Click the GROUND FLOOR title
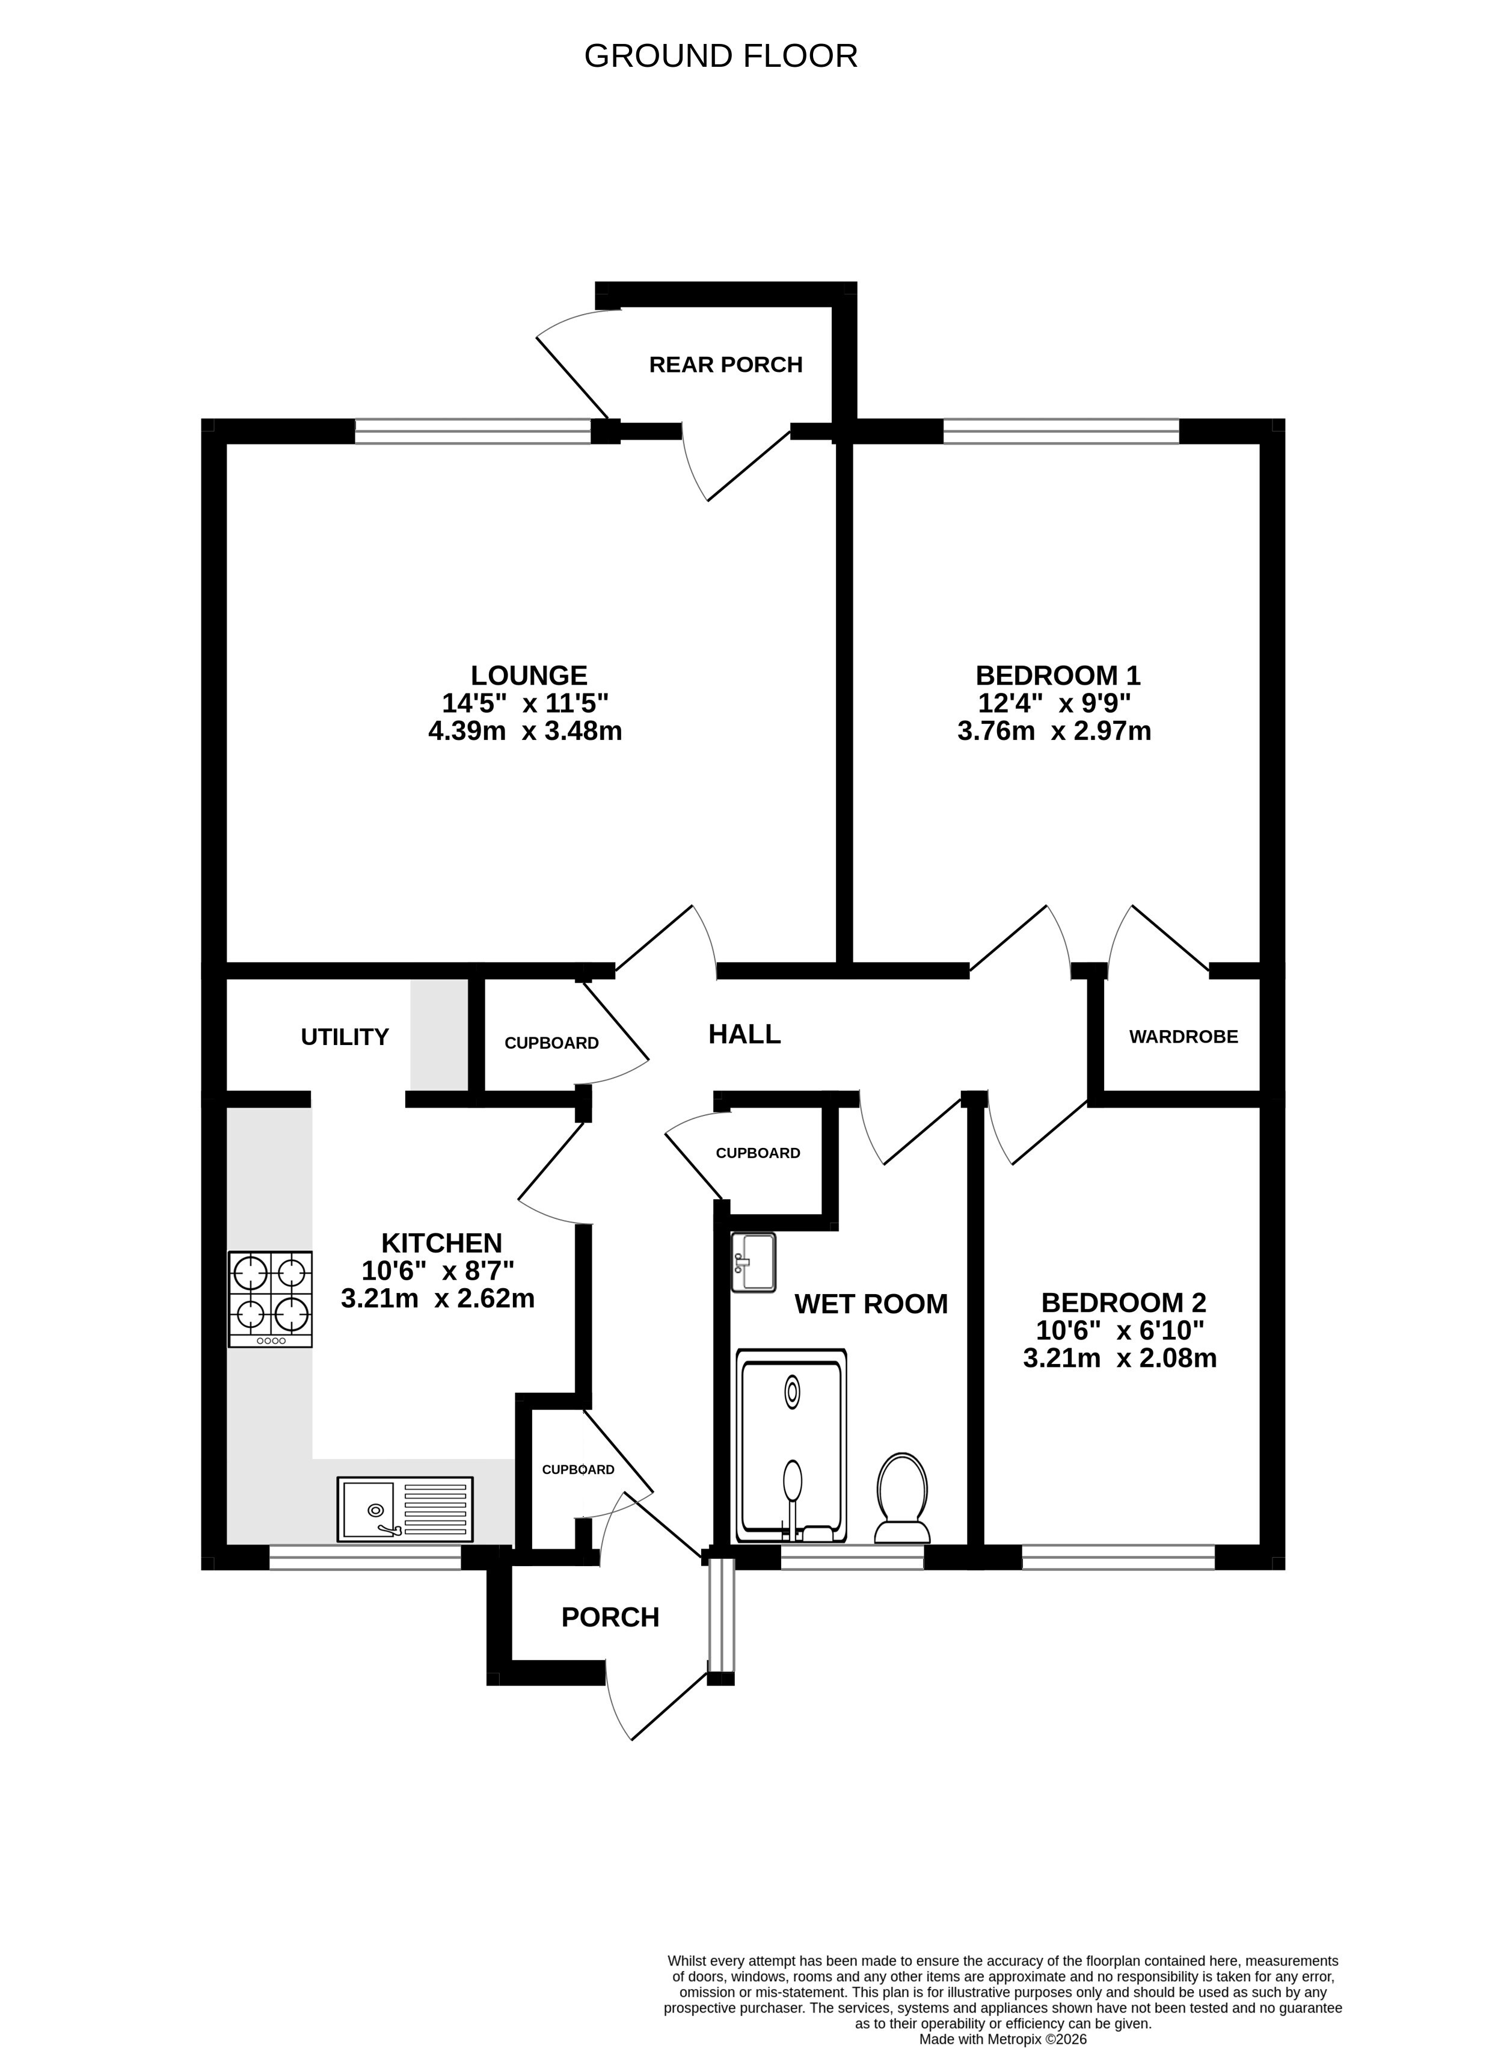click(720, 56)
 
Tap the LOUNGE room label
click(529, 676)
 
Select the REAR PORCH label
click(726, 365)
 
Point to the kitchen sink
click(405, 1509)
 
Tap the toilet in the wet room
click(903, 1498)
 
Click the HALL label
click(745, 1035)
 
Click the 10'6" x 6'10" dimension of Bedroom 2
click(1120, 1330)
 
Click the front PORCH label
click(610, 1617)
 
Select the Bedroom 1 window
click(1061, 431)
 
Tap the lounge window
click(473, 431)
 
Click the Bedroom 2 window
click(1119, 1558)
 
